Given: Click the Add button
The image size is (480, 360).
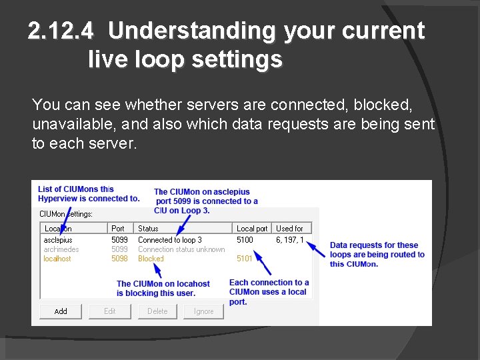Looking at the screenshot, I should (x=61, y=311).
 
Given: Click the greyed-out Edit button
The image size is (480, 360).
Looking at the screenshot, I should (x=110, y=311).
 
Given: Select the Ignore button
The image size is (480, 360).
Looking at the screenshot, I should (x=203, y=311).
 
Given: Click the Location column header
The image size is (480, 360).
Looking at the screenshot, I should (x=58, y=228).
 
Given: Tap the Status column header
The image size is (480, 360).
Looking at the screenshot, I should (x=148, y=228).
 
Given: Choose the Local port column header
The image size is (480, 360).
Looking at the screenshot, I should (x=251, y=228).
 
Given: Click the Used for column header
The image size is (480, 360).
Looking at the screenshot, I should (x=289, y=228).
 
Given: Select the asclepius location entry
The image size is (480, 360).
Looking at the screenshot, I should (x=58, y=240).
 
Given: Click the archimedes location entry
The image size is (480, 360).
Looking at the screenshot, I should (x=61, y=249).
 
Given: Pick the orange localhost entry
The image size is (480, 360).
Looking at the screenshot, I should (x=57, y=259).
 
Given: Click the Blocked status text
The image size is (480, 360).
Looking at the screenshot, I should (x=151, y=259).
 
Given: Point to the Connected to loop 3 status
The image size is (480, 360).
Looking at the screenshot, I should (x=169, y=240).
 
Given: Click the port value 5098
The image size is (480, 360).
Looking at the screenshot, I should (x=119, y=259).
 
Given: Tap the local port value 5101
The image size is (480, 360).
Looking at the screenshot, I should (x=245, y=259).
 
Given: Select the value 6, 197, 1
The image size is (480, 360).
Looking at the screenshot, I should (x=289, y=240).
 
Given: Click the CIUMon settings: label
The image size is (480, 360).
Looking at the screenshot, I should (x=66, y=214).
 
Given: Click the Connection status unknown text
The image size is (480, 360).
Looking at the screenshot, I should (x=181, y=249).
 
